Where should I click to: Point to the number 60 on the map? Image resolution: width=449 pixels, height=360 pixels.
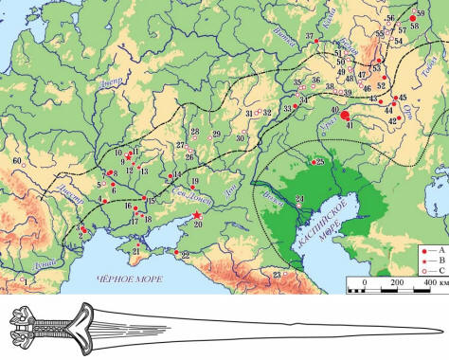(14, 161)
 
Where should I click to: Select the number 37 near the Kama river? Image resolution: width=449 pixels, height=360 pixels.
(309, 37)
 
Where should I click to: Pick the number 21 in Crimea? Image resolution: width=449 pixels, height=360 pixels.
(135, 250)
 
